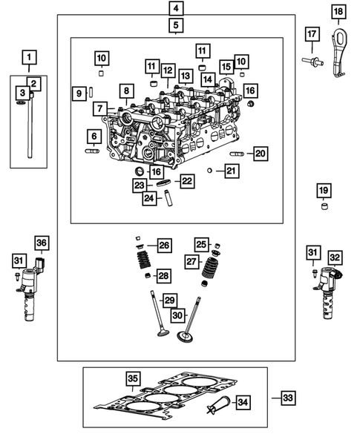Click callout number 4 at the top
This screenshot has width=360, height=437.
(175, 9)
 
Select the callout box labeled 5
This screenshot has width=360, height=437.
(175, 27)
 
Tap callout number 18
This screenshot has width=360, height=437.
(338, 11)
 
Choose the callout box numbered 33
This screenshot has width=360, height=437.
(288, 398)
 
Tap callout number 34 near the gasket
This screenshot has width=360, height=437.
(243, 401)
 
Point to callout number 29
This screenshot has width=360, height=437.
(170, 299)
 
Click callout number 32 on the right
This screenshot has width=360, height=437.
(336, 257)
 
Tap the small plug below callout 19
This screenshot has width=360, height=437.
(324, 206)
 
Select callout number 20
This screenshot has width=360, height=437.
(259, 154)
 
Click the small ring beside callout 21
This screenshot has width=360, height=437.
(210, 171)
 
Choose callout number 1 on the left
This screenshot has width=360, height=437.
(28, 56)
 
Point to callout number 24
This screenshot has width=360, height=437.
(151, 198)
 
